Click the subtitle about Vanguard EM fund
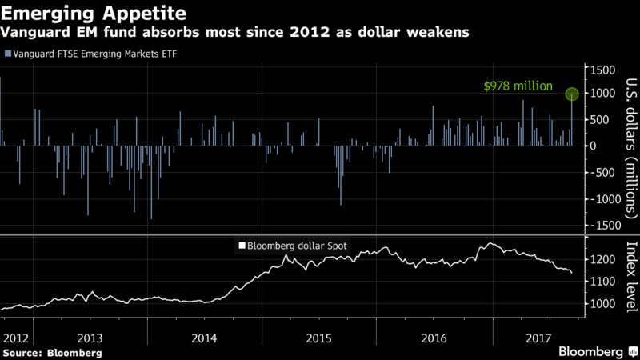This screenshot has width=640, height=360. [x=236, y=34]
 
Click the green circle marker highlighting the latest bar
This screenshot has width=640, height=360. [x=573, y=94]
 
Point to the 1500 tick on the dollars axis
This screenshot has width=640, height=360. [x=605, y=70]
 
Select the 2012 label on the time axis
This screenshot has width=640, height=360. [x=15, y=338]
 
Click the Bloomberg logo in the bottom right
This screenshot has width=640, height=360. [x=590, y=351]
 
